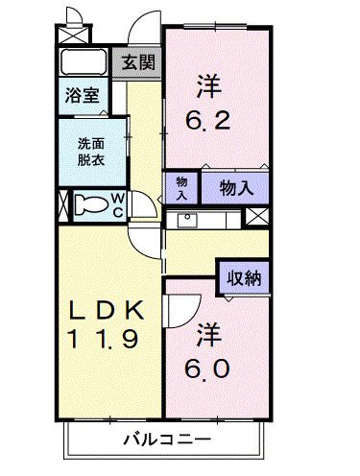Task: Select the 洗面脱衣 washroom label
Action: pyautogui.click(x=91, y=153)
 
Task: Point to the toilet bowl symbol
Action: pyautogui.click(x=91, y=205)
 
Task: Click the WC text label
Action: pyautogui.click(x=116, y=205)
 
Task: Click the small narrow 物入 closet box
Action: pyautogui.click(x=180, y=187)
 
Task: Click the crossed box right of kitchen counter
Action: pyautogui.click(x=256, y=218)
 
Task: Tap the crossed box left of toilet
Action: pyautogui.click(x=63, y=205)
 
